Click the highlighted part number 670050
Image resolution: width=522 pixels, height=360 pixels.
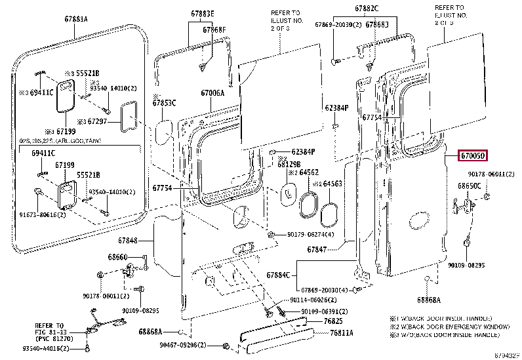click(x=472, y=156)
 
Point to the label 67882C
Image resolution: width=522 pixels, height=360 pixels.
click(x=367, y=9)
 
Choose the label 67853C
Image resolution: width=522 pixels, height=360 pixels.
click(x=165, y=103)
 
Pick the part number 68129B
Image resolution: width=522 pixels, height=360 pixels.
click(x=289, y=164)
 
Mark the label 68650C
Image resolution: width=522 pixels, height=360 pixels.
click(x=469, y=187)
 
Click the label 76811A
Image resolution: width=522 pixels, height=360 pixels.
click(x=342, y=332)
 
